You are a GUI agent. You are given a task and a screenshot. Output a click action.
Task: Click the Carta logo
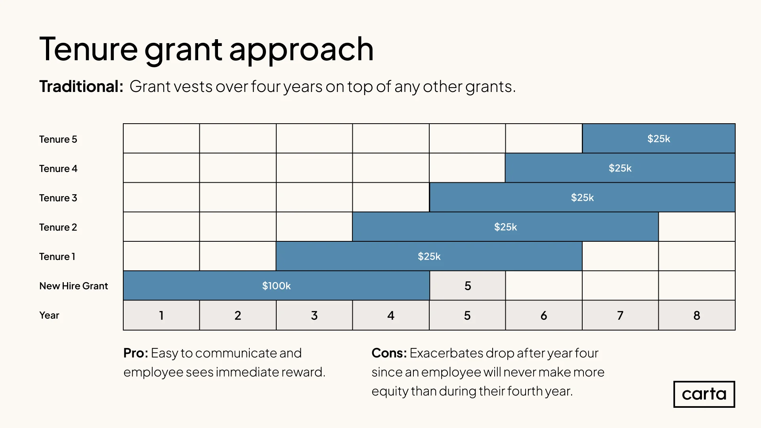pyautogui.click(x=704, y=394)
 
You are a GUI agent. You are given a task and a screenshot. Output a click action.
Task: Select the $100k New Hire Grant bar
pyautogui.click(x=276, y=286)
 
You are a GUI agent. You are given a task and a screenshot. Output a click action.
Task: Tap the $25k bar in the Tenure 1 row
pyautogui.click(x=429, y=256)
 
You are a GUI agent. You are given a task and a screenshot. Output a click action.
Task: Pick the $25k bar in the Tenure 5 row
pyautogui.click(x=659, y=139)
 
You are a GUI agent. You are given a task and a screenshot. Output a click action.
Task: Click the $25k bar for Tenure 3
pyautogui.click(x=582, y=197)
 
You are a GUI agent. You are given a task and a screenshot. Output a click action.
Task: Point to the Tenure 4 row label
pyautogui.click(x=58, y=168)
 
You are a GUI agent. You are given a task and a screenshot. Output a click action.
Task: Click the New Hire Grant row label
pyautogui.click(x=73, y=286)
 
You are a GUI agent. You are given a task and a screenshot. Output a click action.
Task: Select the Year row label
pyautogui.click(x=49, y=315)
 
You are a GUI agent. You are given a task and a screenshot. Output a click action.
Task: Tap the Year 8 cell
pyautogui.click(x=697, y=315)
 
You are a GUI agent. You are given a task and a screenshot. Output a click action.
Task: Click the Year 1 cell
pyautogui.click(x=161, y=315)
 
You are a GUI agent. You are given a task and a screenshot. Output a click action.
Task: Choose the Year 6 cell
pyautogui.click(x=544, y=315)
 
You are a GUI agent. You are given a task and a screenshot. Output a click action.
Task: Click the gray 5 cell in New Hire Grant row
pyautogui.click(x=468, y=286)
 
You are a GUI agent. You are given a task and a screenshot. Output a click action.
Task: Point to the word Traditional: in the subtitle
pyautogui.click(x=81, y=86)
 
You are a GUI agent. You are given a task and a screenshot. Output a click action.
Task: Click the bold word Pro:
pyautogui.click(x=136, y=353)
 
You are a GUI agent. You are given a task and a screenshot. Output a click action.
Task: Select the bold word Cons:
pyautogui.click(x=389, y=353)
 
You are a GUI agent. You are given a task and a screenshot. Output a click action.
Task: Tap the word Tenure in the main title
pyautogui.click(x=88, y=49)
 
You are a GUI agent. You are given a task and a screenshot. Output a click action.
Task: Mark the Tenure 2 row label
pyautogui.click(x=58, y=227)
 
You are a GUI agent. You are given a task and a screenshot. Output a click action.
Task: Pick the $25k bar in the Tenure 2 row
pyautogui.click(x=505, y=227)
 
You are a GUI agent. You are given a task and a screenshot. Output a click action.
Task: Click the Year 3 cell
pyautogui.click(x=314, y=315)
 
